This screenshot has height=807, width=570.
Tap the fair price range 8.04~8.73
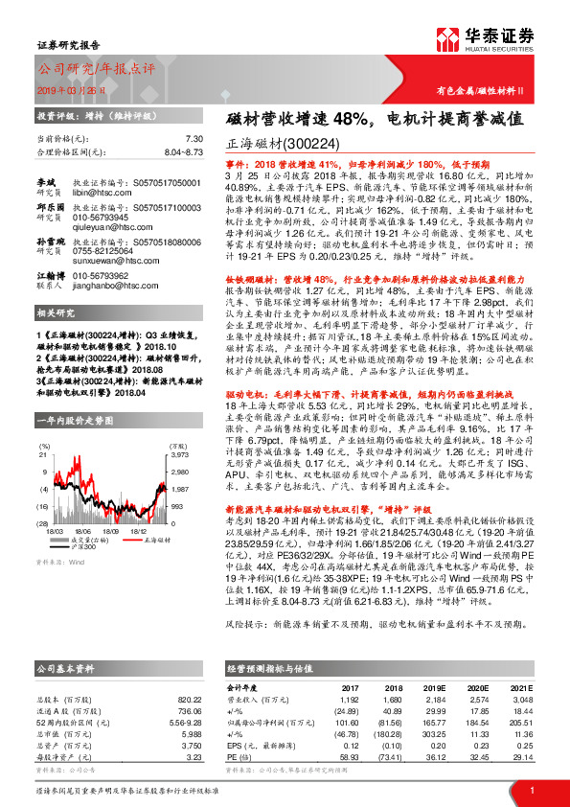pyautogui.click(x=184, y=151)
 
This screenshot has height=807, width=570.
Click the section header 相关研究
pyautogui.click(x=55, y=312)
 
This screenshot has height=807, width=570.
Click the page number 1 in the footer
pyautogui.click(x=532, y=789)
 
